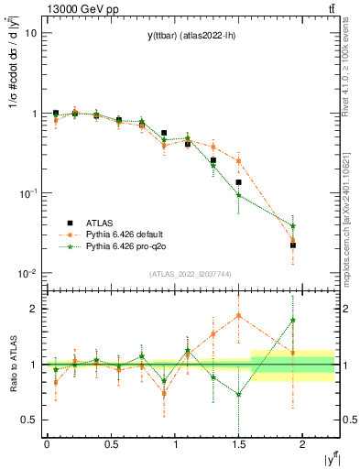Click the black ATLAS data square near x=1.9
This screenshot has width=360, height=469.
(293, 245)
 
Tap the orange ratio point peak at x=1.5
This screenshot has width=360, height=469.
(238, 315)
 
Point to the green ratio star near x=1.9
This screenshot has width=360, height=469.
(293, 321)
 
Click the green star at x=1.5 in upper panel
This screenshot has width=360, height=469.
(238, 195)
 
